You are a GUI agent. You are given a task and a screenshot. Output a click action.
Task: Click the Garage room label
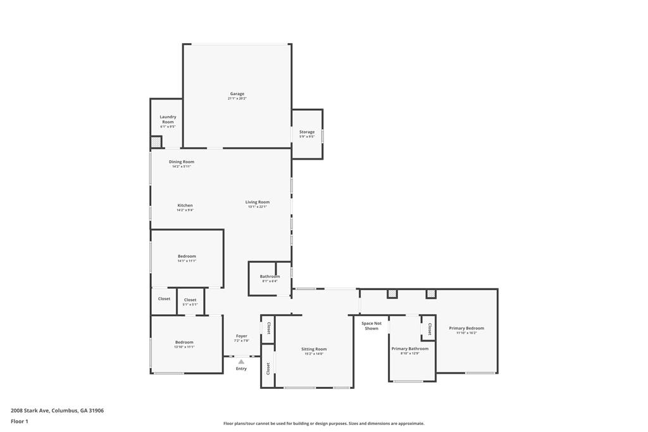237,94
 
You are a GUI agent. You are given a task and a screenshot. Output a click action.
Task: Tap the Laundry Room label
168,119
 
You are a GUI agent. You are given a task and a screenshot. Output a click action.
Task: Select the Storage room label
307,132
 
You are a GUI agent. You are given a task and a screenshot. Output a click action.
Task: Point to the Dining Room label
182,162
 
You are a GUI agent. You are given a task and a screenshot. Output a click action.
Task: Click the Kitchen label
185,205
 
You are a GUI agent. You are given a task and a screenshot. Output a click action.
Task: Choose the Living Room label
258,202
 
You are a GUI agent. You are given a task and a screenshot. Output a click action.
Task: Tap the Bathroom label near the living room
270,276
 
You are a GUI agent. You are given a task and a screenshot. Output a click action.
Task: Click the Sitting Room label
314,349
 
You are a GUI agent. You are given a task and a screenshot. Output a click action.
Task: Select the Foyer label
242,336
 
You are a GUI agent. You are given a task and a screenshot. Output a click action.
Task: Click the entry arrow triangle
241,362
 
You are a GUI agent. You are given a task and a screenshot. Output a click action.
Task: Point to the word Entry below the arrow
241,369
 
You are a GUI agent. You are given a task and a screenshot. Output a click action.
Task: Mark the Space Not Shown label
371,326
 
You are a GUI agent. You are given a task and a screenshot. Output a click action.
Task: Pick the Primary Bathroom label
410,348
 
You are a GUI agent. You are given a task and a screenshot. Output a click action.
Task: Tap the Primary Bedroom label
466,328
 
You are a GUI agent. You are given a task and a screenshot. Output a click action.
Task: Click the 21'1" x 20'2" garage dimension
237,99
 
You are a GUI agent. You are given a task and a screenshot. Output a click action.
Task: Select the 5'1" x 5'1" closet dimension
190,305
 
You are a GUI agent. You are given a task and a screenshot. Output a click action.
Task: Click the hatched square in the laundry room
156,143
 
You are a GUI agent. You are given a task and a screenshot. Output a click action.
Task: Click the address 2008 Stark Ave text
58,410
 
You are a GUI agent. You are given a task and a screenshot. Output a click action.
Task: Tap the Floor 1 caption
20,421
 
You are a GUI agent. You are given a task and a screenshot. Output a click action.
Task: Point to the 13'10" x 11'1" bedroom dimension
185,347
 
